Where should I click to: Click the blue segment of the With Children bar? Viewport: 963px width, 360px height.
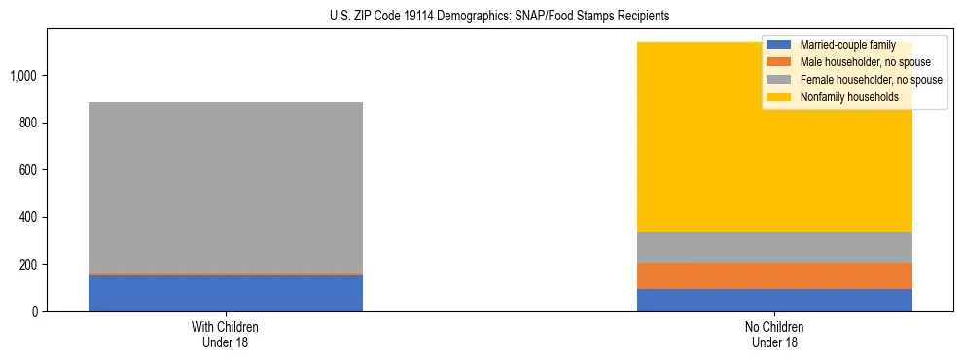[x=226, y=293]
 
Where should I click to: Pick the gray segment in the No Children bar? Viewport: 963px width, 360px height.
[x=774, y=247]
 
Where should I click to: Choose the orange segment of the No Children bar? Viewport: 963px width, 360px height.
[x=774, y=275]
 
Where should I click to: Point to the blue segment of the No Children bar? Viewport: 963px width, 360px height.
[x=774, y=300]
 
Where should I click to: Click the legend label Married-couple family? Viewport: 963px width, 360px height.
[x=845, y=45]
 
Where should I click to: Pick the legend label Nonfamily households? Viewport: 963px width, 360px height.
[x=842, y=97]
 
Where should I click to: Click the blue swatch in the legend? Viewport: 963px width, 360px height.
[x=779, y=45]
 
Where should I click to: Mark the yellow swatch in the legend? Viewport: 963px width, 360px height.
[x=779, y=97]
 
